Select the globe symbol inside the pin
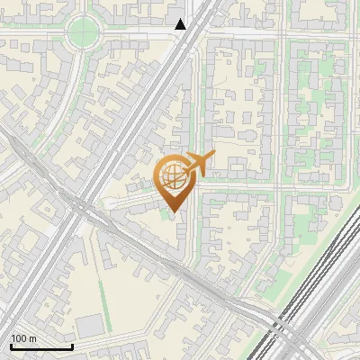point(173,177)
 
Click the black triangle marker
point(181,24)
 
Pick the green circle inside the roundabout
point(83,31)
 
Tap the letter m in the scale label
point(33,338)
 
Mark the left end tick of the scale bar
point(11,346)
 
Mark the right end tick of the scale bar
point(72,346)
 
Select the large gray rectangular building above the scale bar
point(89,326)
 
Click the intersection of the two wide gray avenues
point(76,209)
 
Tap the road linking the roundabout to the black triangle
point(135,32)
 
